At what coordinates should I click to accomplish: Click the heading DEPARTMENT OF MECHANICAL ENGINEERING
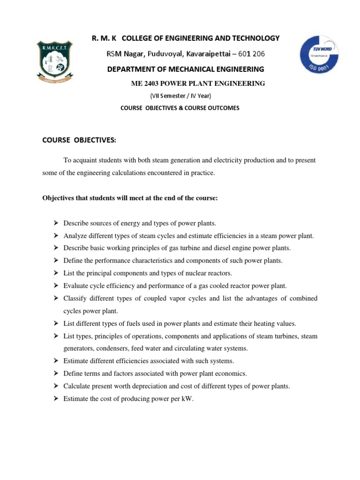[186, 69]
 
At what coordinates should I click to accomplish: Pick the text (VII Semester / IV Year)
[180, 96]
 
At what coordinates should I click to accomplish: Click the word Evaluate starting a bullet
[75, 285]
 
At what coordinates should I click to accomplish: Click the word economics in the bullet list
[232, 374]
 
